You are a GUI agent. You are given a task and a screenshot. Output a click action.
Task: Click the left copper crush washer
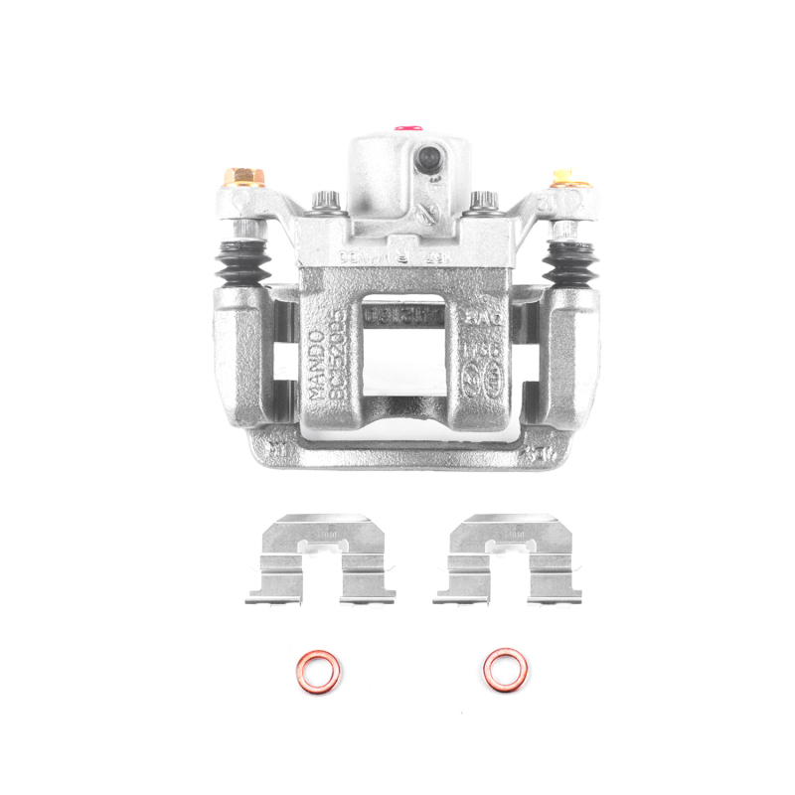(x=318, y=671)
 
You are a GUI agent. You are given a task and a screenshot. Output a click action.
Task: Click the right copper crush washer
(x=505, y=670)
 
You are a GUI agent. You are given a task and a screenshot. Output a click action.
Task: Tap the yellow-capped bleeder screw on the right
(x=564, y=178)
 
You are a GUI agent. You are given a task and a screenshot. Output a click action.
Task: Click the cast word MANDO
(x=317, y=368)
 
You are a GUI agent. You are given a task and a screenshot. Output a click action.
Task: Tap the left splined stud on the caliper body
(x=325, y=203)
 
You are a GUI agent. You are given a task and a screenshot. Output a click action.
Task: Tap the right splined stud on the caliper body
(x=483, y=203)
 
